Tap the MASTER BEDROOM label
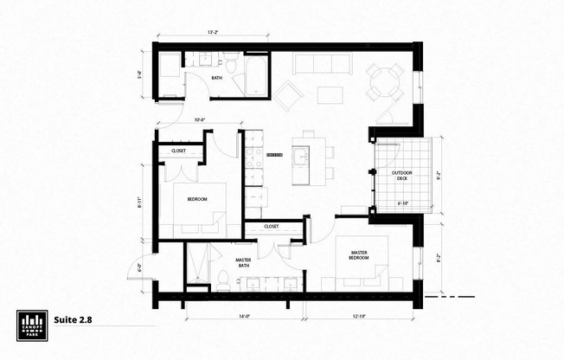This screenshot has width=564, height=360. [359, 255]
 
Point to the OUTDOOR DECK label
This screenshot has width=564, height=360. [402, 177]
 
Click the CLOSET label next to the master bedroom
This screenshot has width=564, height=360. [271, 226]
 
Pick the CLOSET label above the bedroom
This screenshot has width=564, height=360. [179, 151]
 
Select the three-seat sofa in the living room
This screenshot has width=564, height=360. [322, 64]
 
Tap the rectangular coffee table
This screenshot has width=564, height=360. [329, 94]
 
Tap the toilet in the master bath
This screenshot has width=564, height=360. [223, 280]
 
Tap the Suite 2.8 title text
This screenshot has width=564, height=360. [73, 318]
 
